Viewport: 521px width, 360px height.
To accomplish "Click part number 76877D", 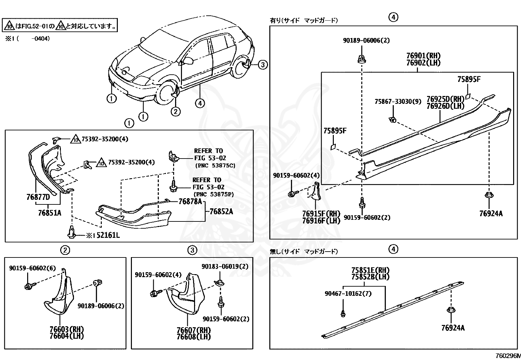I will pyautogui.click(x=38, y=197).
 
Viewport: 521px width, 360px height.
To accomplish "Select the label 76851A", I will pyautogui.click(x=49, y=213).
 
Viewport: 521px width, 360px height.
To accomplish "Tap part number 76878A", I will pyautogui.click(x=190, y=201).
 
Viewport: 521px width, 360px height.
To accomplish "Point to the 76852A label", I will pyautogui.click(x=221, y=212).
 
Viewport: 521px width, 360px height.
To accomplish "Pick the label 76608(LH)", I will pyautogui.click(x=194, y=336).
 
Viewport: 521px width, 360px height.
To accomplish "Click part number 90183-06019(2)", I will pyautogui.click(x=225, y=266).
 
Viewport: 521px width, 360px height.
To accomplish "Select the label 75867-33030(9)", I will pyautogui.click(x=398, y=102).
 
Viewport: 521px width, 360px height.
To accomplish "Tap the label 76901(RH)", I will pyautogui.click(x=423, y=56).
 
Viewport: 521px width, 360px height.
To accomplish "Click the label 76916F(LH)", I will pyautogui.click(x=321, y=221).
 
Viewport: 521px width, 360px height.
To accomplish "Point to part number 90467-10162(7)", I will pyautogui.click(x=348, y=294).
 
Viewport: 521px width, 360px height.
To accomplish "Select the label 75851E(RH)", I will pyautogui.click(x=370, y=270).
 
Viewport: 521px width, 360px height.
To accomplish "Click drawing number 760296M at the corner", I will pyautogui.click(x=507, y=356).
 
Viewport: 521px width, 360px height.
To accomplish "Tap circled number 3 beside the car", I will pyautogui.click(x=263, y=65).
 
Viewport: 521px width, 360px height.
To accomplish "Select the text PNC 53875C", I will pyautogui.click(x=215, y=165).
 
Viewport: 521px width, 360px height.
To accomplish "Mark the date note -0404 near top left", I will pyautogui.click(x=41, y=39).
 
